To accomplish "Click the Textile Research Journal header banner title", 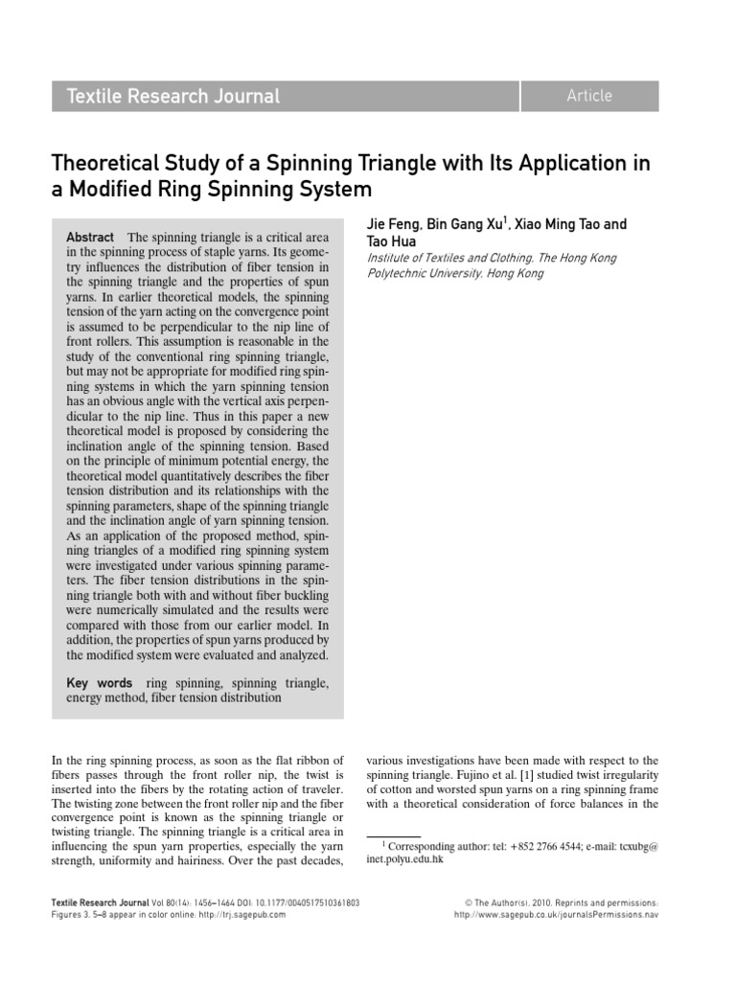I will tap(173, 96).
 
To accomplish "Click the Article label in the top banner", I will tap(589, 95).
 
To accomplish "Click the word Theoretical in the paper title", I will tap(105, 163).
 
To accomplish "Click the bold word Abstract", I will tap(89, 238).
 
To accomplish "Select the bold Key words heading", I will tap(100, 683).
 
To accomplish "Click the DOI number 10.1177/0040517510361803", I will tap(304, 902).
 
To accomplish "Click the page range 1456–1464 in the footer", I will tap(197, 902).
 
